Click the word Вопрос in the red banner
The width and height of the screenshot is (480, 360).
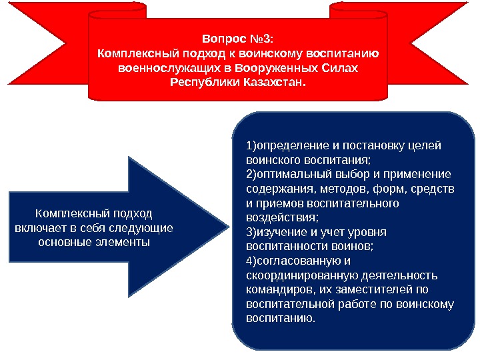point(220,38)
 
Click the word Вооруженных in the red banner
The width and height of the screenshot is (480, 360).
point(293,69)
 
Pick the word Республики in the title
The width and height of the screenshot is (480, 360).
point(201,84)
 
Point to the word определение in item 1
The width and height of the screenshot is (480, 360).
point(290,146)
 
